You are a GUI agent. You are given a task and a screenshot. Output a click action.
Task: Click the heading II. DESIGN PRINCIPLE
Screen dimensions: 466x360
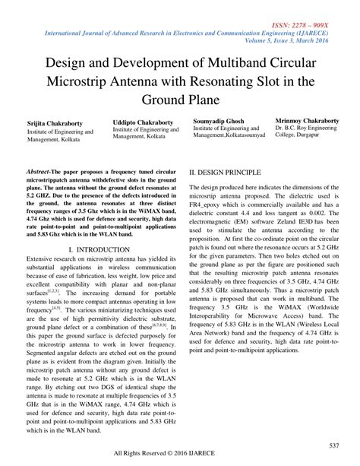click(x=227, y=173)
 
